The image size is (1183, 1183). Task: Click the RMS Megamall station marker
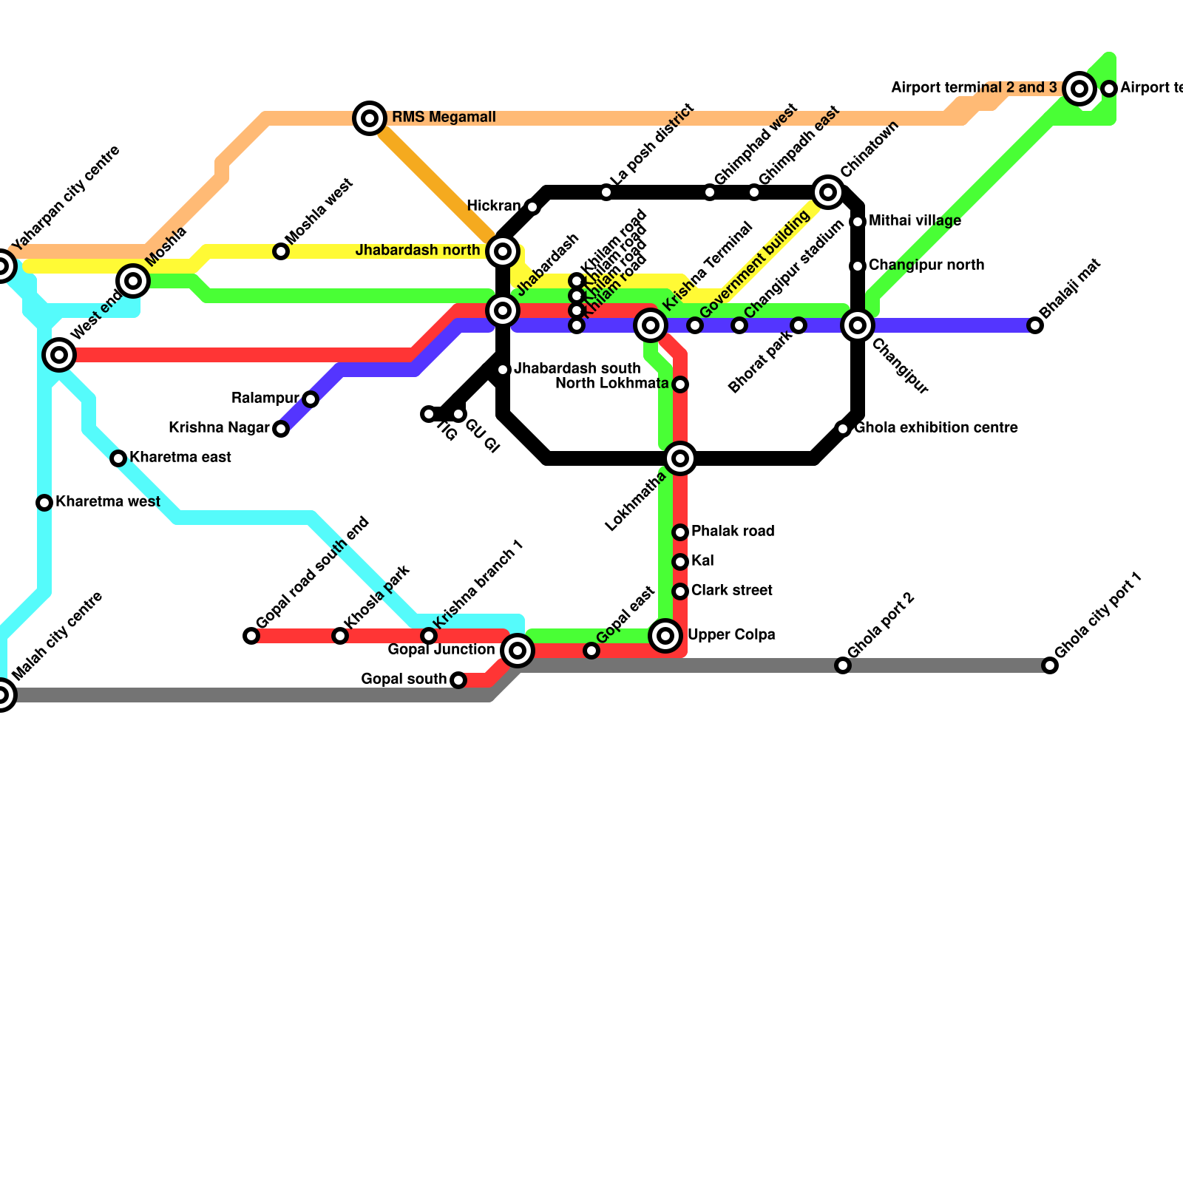coord(370,118)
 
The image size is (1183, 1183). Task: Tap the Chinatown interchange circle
coord(828,192)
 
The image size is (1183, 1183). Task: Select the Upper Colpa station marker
coord(665,635)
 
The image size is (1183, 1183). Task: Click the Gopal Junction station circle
coord(518,651)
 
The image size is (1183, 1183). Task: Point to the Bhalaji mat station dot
coord(1035,325)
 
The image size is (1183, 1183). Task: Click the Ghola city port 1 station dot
coord(1050,665)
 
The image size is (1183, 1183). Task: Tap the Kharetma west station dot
coord(44,503)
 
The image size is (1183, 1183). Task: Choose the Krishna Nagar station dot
coord(281,429)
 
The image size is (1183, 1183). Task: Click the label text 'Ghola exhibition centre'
coord(935,428)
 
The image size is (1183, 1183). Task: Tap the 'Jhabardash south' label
coord(577,368)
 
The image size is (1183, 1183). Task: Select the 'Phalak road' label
coord(732,532)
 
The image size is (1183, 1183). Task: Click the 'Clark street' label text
coord(731,591)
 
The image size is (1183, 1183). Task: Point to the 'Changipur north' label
coord(926,265)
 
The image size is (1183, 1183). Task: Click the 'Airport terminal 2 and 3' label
coord(974,88)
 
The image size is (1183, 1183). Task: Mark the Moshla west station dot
coord(281,251)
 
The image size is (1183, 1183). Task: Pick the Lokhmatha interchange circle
coord(680,458)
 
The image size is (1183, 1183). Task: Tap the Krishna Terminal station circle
coord(651,325)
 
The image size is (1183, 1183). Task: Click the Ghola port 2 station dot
coord(843,665)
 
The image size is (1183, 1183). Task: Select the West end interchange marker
coord(59,355)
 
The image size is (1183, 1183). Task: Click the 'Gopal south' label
coord(404,679)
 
